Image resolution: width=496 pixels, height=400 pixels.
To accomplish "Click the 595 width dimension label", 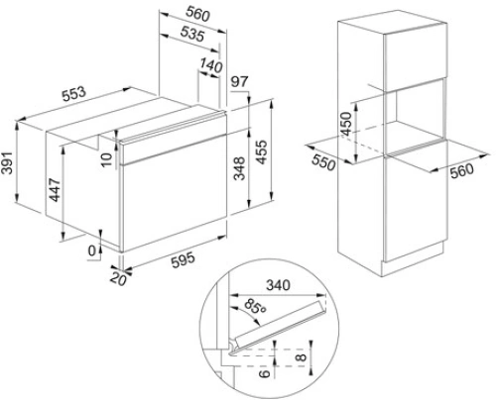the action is click(x=184, y=260).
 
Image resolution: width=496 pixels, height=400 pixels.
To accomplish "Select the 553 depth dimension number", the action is click(x=74, y=94).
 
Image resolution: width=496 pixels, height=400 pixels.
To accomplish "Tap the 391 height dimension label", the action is click(x=7, y=162).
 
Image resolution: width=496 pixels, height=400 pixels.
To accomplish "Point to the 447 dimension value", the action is click(x=55, y=190).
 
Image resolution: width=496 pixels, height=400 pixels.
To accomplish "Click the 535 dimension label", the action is click(x=192, y=34).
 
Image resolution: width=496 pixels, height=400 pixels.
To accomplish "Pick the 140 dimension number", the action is click(x=211, y=65).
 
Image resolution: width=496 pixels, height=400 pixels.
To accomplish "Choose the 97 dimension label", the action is click(x=240, y=81).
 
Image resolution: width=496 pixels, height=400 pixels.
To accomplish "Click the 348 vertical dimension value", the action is click(x=239, y=168).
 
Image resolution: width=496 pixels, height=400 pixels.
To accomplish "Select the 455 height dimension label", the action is click(x=262, y=152).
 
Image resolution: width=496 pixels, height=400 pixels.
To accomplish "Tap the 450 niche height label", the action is click(x=346, y=124).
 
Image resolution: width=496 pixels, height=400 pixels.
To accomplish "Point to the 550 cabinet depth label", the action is click(x=323, y=162).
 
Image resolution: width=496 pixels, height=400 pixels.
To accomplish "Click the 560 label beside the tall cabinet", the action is click(x=462, y=171).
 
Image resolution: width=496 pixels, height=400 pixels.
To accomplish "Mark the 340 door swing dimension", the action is click(x=278, y=285).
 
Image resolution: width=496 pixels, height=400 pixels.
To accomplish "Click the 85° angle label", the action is click(x=256, y=307).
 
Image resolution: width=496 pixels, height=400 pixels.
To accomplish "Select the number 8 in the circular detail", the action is click(x=302, y=356).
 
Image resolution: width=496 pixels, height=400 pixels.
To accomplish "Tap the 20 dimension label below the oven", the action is click(x=118, y=279).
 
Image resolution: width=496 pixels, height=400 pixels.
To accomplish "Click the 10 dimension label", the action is click(x=107, y=159).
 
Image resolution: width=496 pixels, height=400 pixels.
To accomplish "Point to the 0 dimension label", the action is click(x=92, y=250).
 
